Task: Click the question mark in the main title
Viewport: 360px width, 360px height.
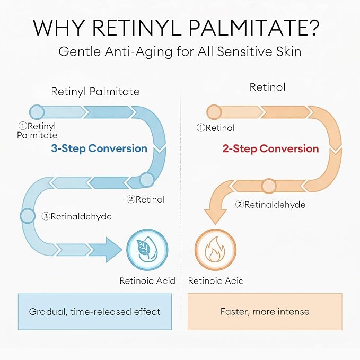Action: point(312,28)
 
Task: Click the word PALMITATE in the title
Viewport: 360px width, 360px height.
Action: point(243,28)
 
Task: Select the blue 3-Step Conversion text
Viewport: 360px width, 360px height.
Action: point(99,148)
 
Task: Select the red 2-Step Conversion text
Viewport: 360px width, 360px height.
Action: point(271,148)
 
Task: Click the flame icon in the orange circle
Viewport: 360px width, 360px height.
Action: point(215,250)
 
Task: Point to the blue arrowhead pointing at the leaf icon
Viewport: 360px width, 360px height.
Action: point(114,250)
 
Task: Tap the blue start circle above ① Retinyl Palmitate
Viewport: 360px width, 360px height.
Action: point(37,112)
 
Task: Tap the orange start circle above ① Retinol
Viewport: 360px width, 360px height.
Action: point(214,112)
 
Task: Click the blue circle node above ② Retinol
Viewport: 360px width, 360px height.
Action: point(147,180)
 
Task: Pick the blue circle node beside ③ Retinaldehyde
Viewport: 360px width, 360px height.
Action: point(28,216)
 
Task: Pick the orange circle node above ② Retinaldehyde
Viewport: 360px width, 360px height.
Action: point(268,186)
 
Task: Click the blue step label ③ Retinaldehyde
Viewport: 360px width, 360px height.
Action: point(77,216)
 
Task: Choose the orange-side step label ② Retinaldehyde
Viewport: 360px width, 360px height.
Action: point(270,204)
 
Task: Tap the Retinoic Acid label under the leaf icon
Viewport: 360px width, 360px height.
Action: point(147,280)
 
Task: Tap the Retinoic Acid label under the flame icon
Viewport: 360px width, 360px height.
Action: point(216,280)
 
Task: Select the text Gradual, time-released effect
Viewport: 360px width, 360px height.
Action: point(94,312)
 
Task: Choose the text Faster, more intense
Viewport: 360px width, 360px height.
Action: point(265,312)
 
